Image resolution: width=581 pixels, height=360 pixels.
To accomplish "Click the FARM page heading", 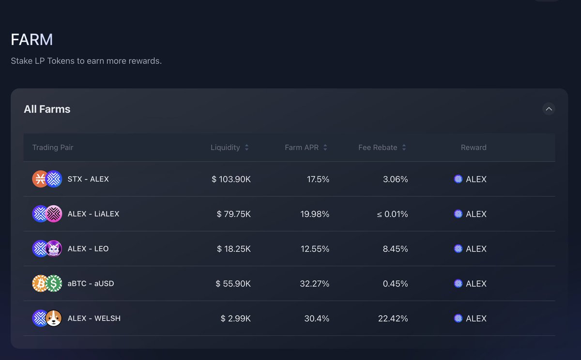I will point(32,40).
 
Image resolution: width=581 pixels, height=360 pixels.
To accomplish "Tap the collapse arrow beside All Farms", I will point(549,109).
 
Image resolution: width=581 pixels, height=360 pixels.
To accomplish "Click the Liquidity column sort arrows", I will point(246,148).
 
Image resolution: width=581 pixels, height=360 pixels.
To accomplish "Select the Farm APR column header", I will point(302,148).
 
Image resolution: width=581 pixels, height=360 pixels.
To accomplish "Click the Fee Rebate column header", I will point(378,148).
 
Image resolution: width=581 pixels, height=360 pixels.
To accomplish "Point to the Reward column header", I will point(473,148).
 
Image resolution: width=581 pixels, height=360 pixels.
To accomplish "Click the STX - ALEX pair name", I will point(88,179).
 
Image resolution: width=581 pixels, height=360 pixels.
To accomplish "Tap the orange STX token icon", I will point(40,179).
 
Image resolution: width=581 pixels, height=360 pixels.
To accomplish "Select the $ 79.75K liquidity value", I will point(233,214).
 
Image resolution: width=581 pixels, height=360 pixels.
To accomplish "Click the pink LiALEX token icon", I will point(54,214).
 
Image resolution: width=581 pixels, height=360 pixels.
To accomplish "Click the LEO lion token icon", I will point(54,249).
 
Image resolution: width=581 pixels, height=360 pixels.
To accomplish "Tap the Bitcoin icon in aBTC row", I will point(40,284).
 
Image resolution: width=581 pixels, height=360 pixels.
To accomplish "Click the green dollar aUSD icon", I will point(54,284).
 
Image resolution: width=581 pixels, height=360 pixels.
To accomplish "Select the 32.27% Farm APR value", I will point(314,284).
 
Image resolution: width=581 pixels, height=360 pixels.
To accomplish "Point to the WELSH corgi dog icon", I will point(54,318).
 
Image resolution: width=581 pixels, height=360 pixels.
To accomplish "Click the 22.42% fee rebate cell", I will point(393,318).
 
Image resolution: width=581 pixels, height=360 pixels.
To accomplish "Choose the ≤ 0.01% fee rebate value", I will point(392,214).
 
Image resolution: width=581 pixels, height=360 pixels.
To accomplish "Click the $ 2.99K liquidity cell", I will point(235,318).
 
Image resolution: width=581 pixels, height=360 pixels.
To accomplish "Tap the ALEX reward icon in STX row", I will point(458,179).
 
